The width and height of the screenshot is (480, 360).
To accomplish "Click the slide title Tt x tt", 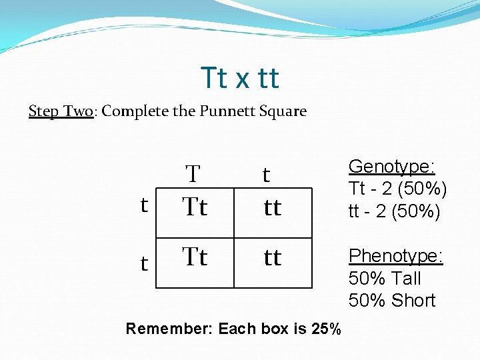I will (x=239, y=78).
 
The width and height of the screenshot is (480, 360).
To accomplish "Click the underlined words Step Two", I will (x=60, y=111).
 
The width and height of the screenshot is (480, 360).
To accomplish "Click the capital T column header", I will (x=193, y=175).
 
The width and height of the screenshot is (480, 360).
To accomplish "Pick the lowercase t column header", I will (x=266, y=175).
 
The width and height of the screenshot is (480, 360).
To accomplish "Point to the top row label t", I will (x=144, y=205).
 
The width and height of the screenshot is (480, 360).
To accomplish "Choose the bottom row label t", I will (x=144, y=264).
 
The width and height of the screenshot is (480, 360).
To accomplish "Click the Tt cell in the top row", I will (x=195, y=207).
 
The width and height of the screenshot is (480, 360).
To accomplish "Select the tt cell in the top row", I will (x=272, y=208).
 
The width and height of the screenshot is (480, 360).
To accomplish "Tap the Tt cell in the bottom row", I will (x=195, y=257).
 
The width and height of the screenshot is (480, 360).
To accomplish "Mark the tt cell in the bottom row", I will (x=272, y=257).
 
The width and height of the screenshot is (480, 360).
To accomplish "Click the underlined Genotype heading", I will (x=392, y=167).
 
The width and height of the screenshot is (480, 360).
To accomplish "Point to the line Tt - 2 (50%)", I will (x=397, y=189).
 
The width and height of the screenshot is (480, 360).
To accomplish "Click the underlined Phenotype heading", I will (x=396, y=256).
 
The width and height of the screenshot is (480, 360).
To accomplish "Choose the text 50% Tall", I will (x=385, y=278).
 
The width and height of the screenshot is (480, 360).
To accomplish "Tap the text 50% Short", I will (x=391, y=301).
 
